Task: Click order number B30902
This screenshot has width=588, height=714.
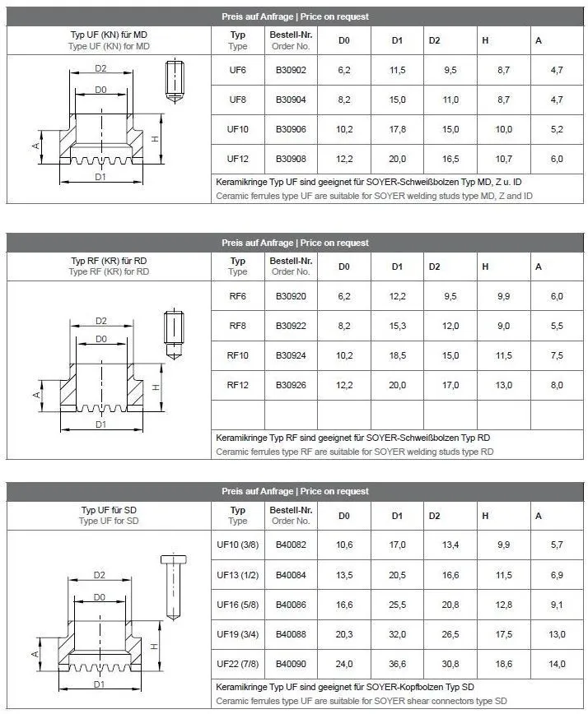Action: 290,70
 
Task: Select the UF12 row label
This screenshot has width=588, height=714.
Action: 238,159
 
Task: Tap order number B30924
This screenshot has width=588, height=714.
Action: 290,355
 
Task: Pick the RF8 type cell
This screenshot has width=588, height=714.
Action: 238,326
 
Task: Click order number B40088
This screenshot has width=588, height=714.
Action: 290,634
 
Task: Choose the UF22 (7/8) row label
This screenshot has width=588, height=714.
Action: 238,664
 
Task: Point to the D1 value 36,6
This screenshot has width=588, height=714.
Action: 397,664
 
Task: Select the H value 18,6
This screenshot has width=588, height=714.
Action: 504,664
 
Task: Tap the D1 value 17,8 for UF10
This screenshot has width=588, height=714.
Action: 397,129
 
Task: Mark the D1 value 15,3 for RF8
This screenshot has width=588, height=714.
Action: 397,326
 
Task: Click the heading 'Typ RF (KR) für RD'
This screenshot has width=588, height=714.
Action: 110,261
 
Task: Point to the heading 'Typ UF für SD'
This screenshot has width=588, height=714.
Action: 110,510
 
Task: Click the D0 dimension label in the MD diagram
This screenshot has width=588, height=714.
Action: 100,90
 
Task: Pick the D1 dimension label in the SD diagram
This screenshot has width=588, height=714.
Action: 100,684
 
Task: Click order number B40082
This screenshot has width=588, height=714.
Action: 290,545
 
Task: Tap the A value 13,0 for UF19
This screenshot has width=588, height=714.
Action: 557,634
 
